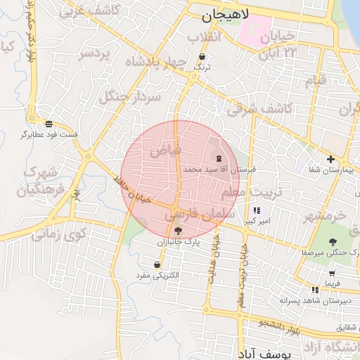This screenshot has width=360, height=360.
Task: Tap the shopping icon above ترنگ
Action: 202,56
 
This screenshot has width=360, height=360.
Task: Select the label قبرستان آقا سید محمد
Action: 221,169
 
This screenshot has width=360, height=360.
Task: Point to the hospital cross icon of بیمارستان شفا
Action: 330,159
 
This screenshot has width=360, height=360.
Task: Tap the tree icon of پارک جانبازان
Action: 177,230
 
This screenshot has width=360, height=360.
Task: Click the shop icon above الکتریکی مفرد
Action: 156,264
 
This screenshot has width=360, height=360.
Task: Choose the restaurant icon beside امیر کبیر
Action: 256,210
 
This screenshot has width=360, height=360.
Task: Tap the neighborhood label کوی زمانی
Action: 58,233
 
